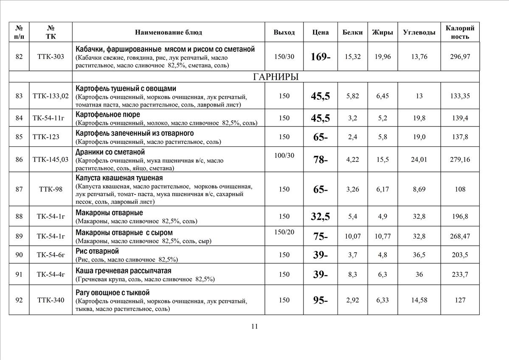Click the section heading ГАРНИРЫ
(276, 76)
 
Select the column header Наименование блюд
(169, 32)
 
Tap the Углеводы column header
(419, 32)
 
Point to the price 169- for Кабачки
(321, 56)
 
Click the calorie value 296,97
(460, 56)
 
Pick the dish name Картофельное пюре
(108, 115)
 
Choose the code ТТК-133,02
(51, 96)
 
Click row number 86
(19, 160)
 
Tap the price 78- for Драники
(321, 160)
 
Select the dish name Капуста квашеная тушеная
(119, 178)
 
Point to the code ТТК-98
(51, 189)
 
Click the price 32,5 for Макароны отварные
(321, 217)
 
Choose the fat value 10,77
(383, 236)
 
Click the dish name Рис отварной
(97, 251)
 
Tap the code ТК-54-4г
(51, 275)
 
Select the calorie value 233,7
(460, 275)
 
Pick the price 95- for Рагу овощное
(321, 301)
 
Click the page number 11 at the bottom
(254, 326)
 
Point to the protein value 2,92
(353, 300)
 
